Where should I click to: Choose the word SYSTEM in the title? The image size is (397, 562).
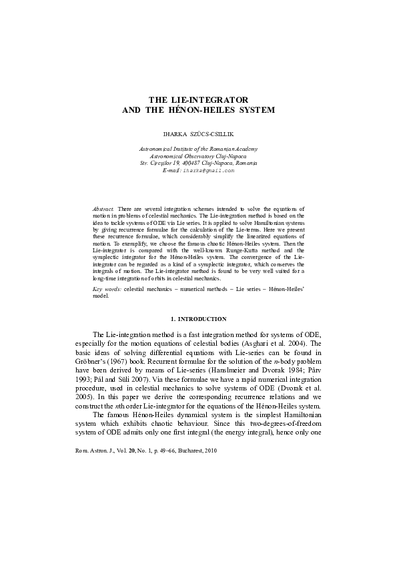pos(254,109)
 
